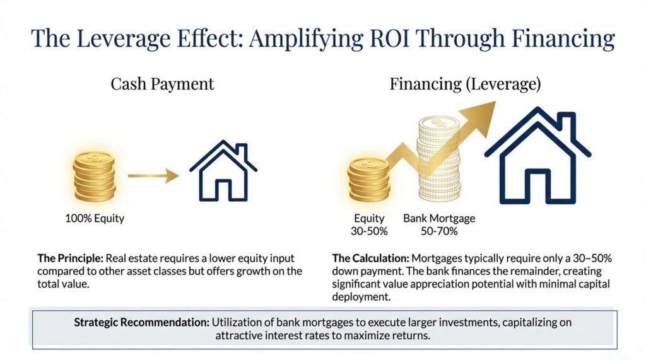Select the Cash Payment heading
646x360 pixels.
pos(162,84)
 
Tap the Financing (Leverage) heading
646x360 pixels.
pos(465,84)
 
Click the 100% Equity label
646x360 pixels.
pos(95,218)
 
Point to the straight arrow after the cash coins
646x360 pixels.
pos(153,176)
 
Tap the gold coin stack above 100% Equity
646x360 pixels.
pos(95,177)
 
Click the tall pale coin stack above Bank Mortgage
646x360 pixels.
pos(439,159)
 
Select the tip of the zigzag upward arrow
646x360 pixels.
pos(495,102)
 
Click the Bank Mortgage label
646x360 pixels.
pos(439,218)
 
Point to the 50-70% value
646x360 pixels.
pos(439,231)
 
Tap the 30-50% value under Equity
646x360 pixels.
pos(369,231)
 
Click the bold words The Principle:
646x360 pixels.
pos(70,258)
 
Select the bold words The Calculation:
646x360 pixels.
pos(371,258)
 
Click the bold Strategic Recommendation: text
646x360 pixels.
pos(142,322)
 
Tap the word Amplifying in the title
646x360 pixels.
pos(305,38)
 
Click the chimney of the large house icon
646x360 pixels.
pos(567,124)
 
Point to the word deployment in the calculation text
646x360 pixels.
pos(361,297)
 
